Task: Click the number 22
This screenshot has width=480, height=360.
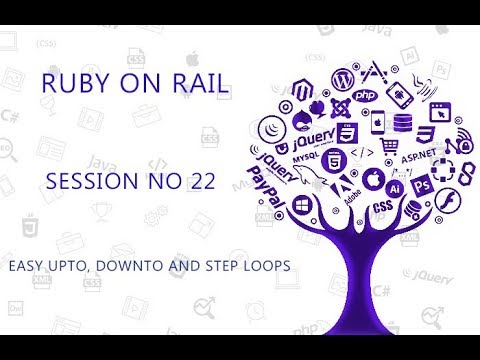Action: point(196,184)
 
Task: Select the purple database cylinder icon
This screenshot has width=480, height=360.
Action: point(403,122)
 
